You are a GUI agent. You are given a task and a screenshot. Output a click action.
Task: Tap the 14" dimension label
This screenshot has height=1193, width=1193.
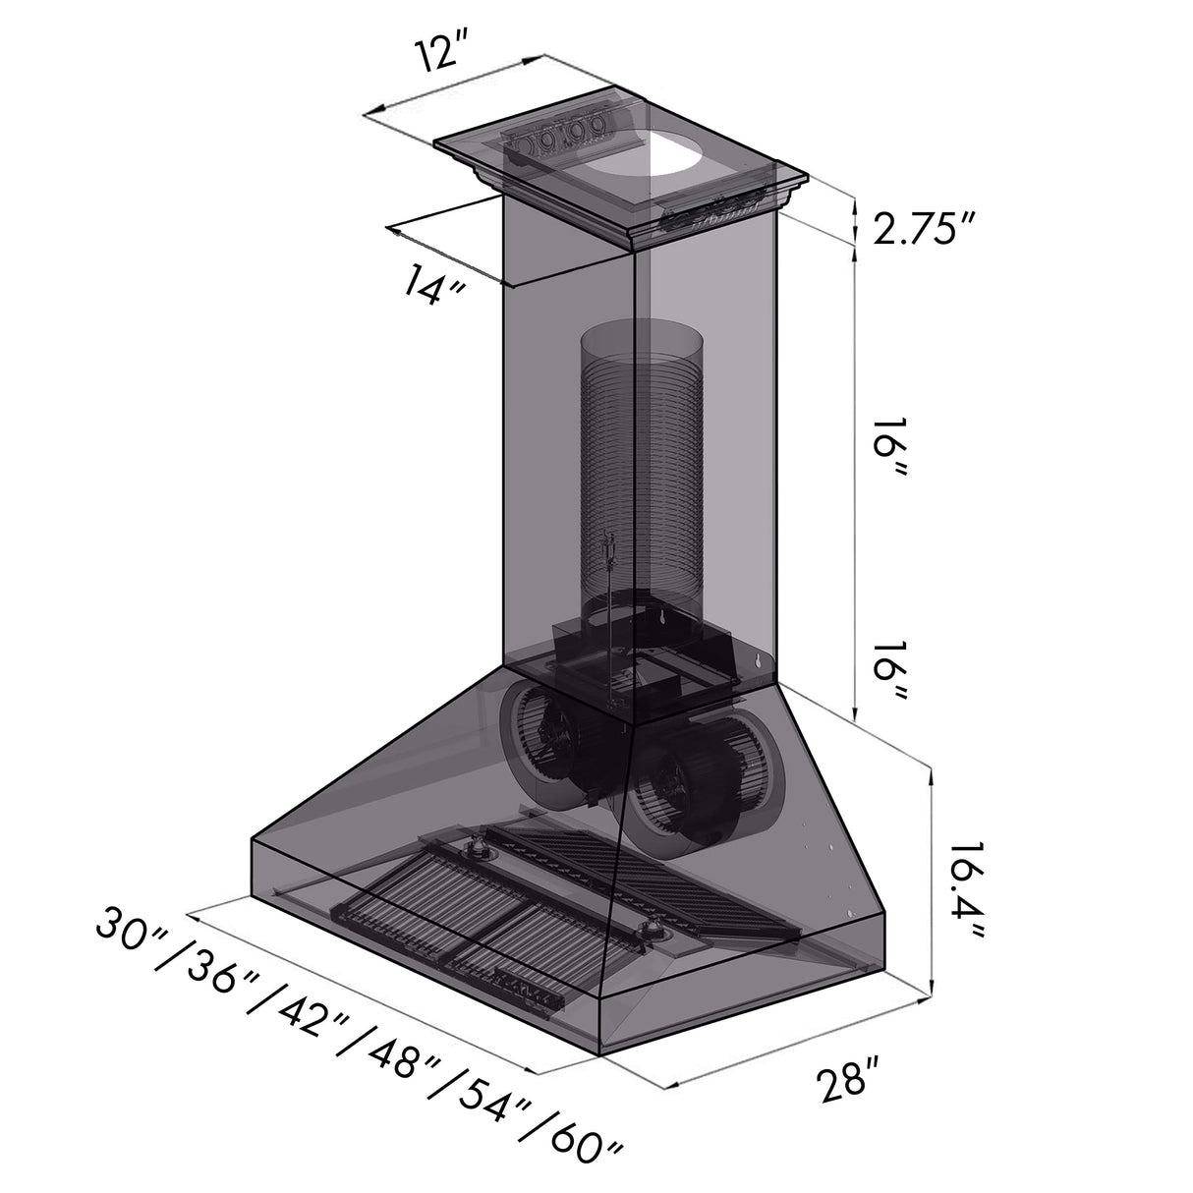click(x=432, y=286)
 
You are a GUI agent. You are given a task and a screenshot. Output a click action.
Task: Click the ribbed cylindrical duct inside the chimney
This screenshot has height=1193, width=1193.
click(x=642, y=462)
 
